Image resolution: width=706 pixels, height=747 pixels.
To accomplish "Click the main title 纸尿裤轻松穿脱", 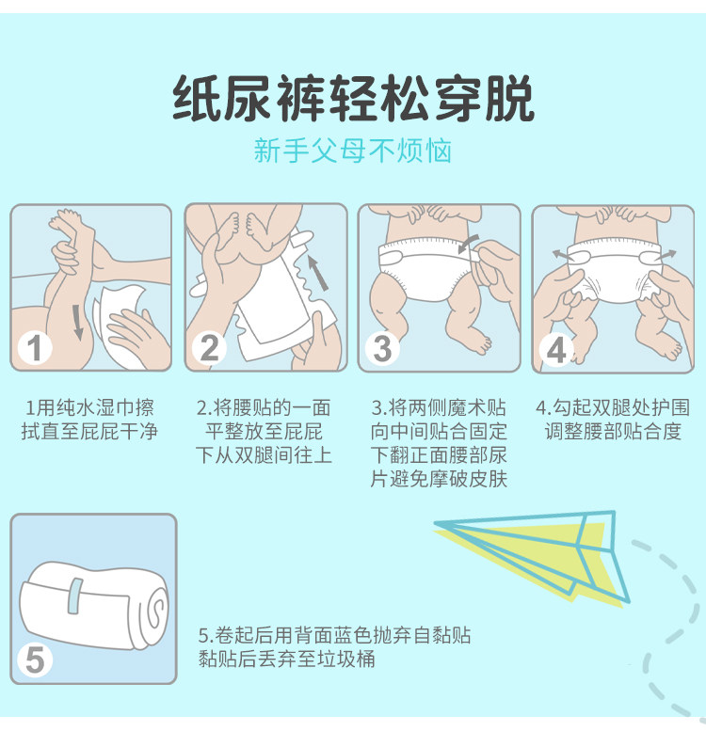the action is click(x=353, y=99).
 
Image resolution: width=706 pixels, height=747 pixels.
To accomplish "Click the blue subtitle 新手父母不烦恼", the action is click(x=352, y=151).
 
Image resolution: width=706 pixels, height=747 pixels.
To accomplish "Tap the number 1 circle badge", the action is click(x=34, y=348).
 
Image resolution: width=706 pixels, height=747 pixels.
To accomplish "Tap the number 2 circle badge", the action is click(x=209, y=348).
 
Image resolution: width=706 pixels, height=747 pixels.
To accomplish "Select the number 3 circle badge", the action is click(x=382, y=348).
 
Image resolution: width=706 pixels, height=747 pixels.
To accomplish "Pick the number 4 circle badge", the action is click(x=555, y=349).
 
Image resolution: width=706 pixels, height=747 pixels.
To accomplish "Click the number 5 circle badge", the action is click(x=34, y=660).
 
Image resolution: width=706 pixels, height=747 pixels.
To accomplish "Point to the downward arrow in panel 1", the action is click(x=78, y=322).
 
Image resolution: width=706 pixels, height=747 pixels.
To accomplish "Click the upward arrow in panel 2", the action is click(x=318, y=273).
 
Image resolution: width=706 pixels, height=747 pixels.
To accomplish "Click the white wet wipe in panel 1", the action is click(x=120, y=324).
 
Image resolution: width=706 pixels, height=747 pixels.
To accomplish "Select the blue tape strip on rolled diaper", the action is click(x=74, y=596).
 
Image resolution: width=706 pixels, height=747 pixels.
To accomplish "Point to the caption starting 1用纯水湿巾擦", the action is click(x=89, y=420).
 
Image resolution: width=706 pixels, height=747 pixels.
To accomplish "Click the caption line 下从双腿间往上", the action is click(x=264, y=455).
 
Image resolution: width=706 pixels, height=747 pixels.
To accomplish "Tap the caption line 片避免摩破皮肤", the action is click(x=439, y=479).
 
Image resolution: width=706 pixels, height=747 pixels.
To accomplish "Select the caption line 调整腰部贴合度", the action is click(x=613, y=431).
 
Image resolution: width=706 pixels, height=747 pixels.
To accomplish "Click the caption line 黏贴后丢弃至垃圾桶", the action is click(x=286, y=659).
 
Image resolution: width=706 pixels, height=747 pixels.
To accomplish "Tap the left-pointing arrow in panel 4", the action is click(x=563, y=255).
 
